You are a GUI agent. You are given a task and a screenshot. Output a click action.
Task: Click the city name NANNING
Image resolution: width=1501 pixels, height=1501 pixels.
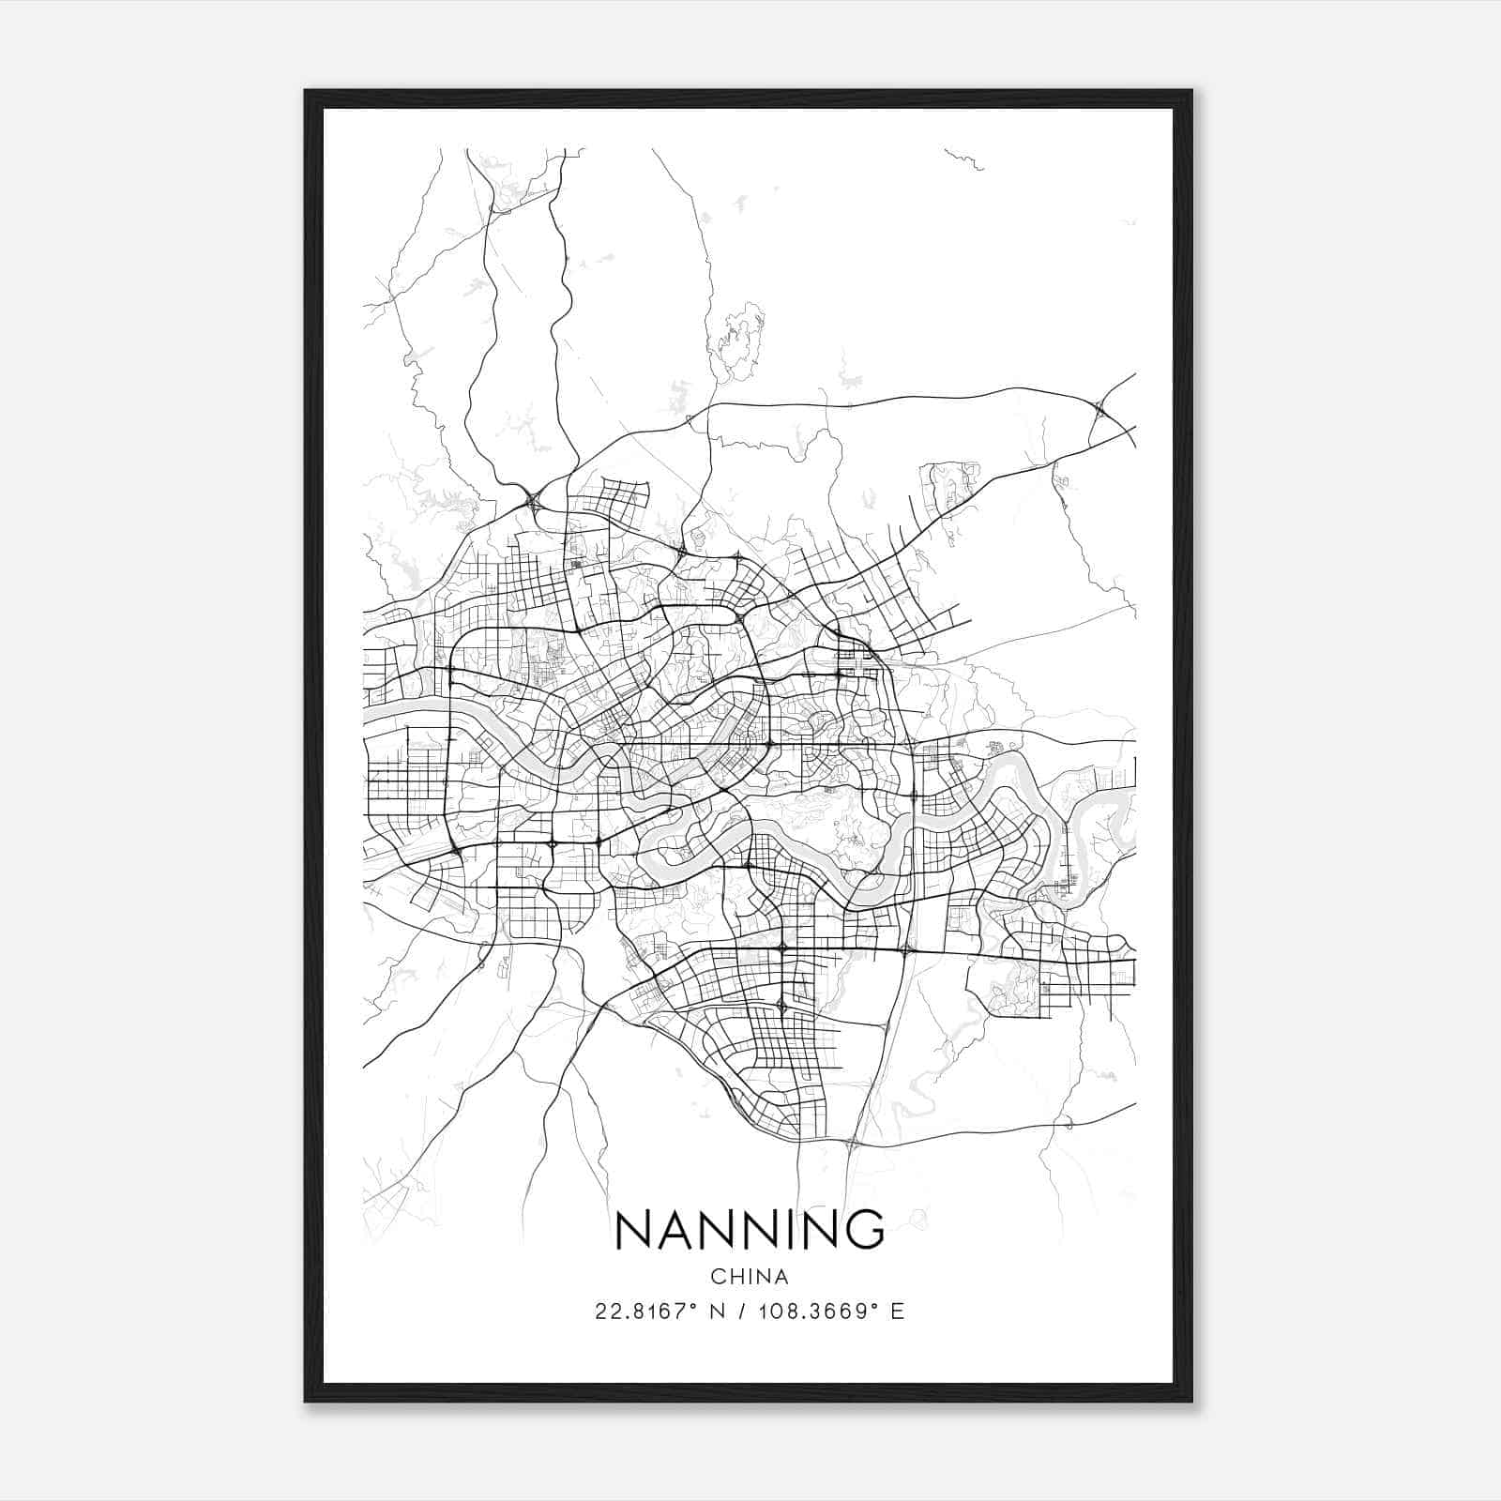pyautogui.click(x=750, y=1229)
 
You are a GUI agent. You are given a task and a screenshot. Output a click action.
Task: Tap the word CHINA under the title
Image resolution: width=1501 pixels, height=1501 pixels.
pyautogui.click(x=750, y=1277)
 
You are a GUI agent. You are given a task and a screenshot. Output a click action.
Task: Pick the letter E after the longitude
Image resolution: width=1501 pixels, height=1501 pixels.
pyautogui.click(x=898, y=1311)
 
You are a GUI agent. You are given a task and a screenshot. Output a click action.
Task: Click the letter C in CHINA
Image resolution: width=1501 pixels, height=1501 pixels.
pyautogui.click(x=716, y=1277)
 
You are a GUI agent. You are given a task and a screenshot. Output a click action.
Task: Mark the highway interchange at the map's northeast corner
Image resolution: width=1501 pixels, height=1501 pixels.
pyautogui.click(x=1099, y=407)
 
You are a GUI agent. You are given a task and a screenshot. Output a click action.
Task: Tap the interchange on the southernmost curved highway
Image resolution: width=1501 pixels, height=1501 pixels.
pyautogui.click(x=852, y=1143)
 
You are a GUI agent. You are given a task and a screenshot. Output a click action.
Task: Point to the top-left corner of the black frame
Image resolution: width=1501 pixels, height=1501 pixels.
pyautogui.click(x=306, y=91)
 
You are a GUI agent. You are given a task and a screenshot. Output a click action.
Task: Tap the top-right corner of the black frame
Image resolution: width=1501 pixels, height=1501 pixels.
pyautogui.click(x=1190, y=91)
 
